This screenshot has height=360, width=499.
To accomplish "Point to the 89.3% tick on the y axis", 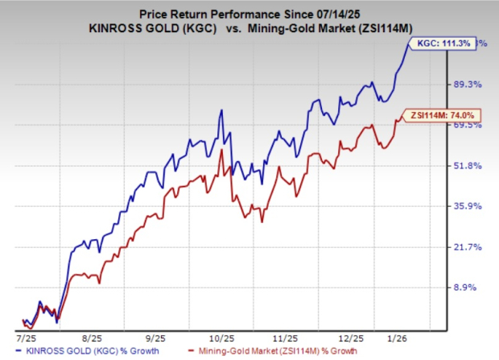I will [x=468, y=84].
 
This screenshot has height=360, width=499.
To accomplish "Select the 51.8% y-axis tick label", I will [x=468, y=165].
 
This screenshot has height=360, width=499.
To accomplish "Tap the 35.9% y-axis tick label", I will [x=468, y=206].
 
